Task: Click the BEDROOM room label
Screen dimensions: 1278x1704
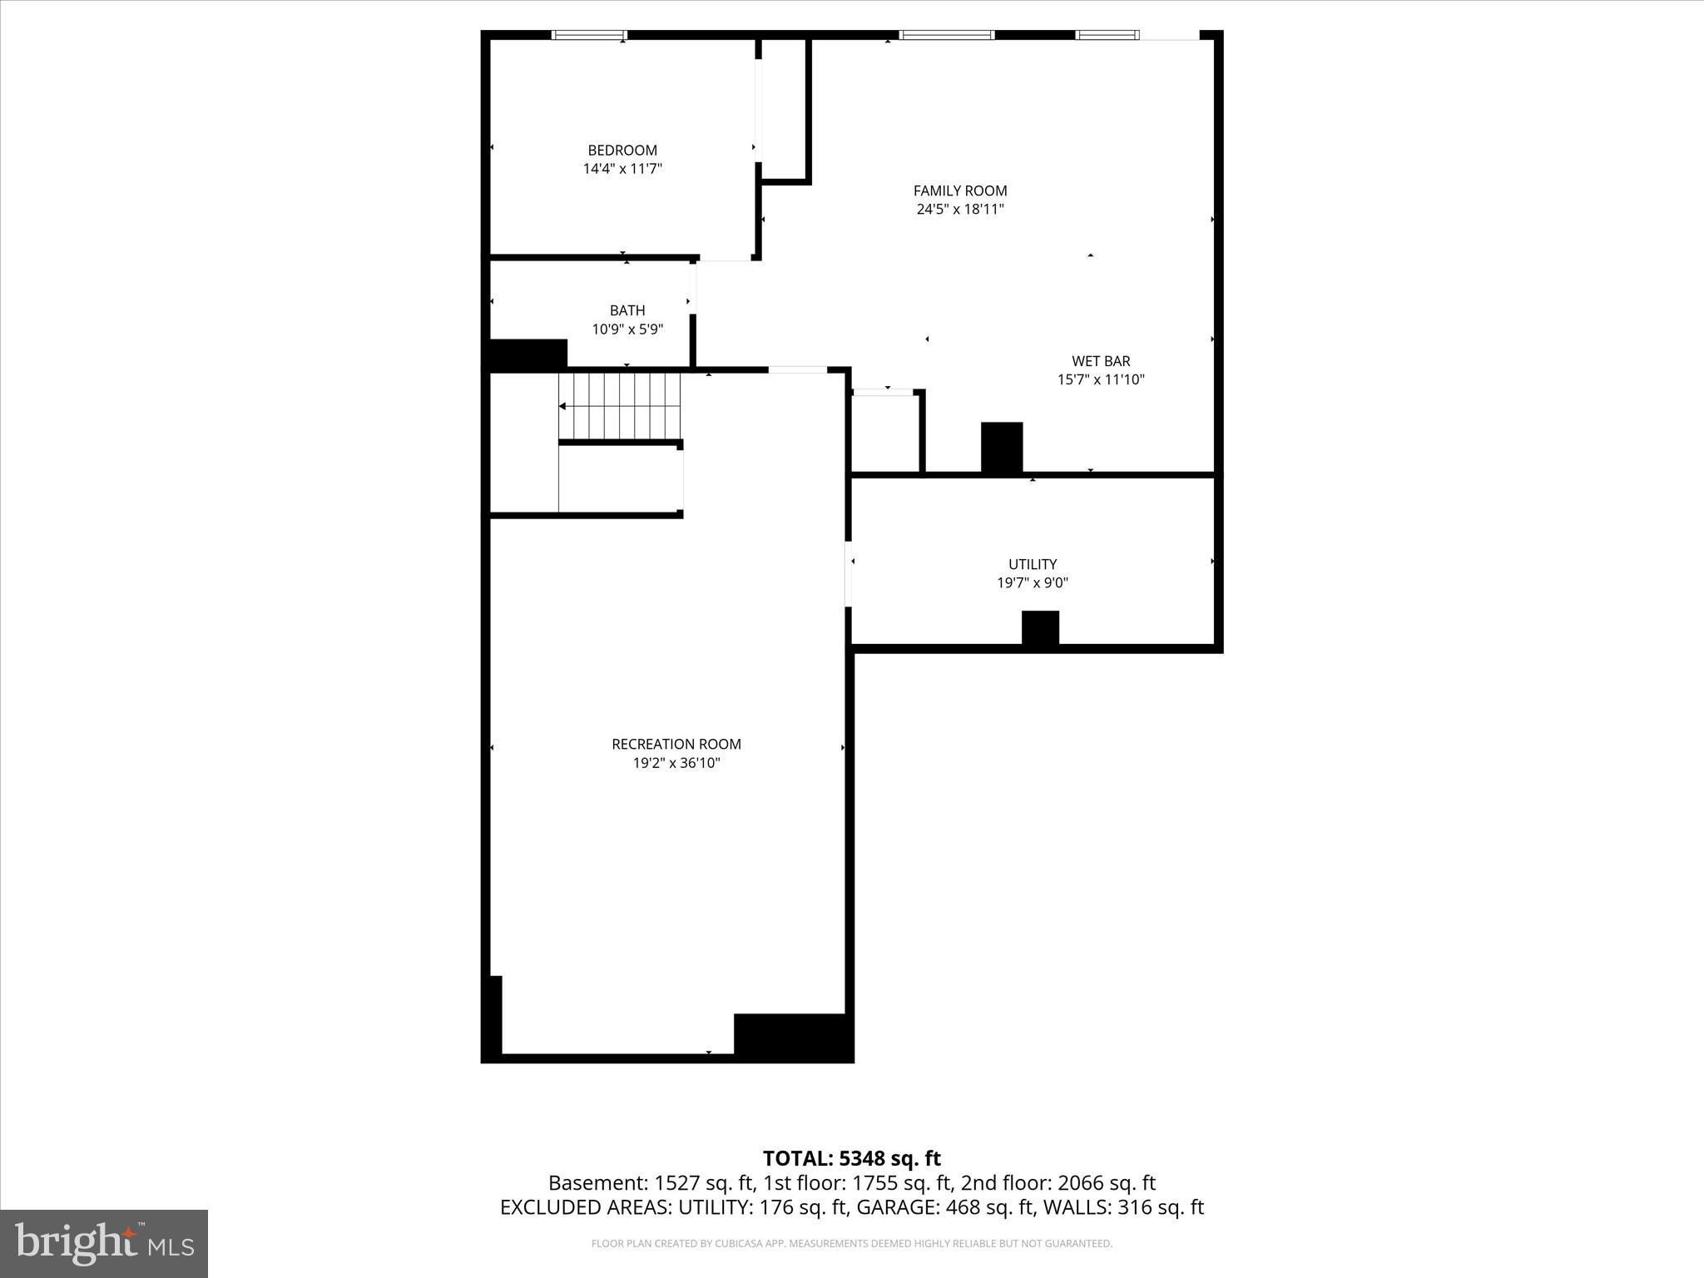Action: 622,151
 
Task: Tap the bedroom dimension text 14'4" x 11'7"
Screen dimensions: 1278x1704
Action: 622,169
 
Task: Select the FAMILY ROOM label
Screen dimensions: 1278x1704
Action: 960,191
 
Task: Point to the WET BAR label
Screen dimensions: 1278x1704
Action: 1101,361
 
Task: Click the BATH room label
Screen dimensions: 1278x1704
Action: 627,310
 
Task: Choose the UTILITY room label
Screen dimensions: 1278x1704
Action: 1033,564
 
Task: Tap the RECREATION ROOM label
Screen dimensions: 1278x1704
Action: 676,744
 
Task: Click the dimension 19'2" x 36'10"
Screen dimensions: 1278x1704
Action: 676,763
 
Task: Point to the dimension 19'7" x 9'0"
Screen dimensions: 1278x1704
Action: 1033,583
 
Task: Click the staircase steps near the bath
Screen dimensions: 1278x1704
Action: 620,405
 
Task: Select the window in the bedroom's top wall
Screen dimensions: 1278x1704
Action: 589,35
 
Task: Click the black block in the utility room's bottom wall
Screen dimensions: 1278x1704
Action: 1040,628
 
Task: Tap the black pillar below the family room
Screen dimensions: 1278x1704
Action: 1002,448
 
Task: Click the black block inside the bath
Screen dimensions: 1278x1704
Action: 528,354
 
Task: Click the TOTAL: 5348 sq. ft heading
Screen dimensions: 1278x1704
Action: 851,1158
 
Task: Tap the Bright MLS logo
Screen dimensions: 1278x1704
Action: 104,1243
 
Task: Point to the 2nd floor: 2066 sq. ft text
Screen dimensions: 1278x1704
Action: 1058,1183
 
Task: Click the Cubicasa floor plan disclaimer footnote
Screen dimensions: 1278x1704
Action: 851,1244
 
